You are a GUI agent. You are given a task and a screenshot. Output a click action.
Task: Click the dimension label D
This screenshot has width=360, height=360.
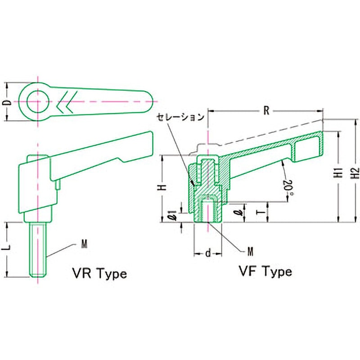coord(7,102)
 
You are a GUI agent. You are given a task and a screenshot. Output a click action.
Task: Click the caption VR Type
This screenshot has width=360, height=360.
coord(99,273)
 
